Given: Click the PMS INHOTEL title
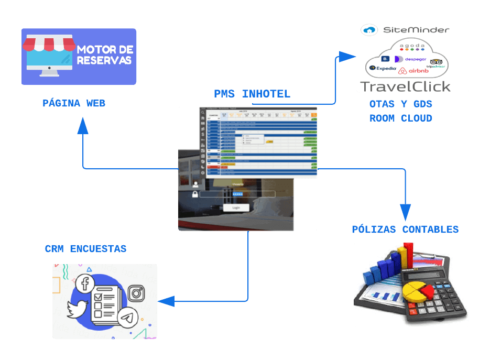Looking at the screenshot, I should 252,94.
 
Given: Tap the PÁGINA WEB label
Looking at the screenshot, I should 74,103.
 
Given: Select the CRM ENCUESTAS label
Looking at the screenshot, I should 85,248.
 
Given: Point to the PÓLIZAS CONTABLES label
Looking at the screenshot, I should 405,229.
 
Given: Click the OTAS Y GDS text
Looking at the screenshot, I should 401,104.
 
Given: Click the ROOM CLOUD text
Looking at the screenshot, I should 401,118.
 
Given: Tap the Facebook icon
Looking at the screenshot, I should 84,284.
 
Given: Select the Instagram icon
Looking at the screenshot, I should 136,292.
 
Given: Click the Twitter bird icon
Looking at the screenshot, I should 77,310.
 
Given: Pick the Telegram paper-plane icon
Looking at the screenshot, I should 127,318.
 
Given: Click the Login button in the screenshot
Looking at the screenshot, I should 236,208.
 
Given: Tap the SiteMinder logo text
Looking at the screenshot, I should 416,30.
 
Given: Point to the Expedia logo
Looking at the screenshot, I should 383,68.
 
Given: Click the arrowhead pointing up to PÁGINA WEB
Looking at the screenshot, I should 83,126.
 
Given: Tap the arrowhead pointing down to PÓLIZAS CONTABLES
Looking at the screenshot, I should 405,212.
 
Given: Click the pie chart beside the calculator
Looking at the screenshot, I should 417,289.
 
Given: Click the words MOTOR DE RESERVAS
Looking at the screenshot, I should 105,55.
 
